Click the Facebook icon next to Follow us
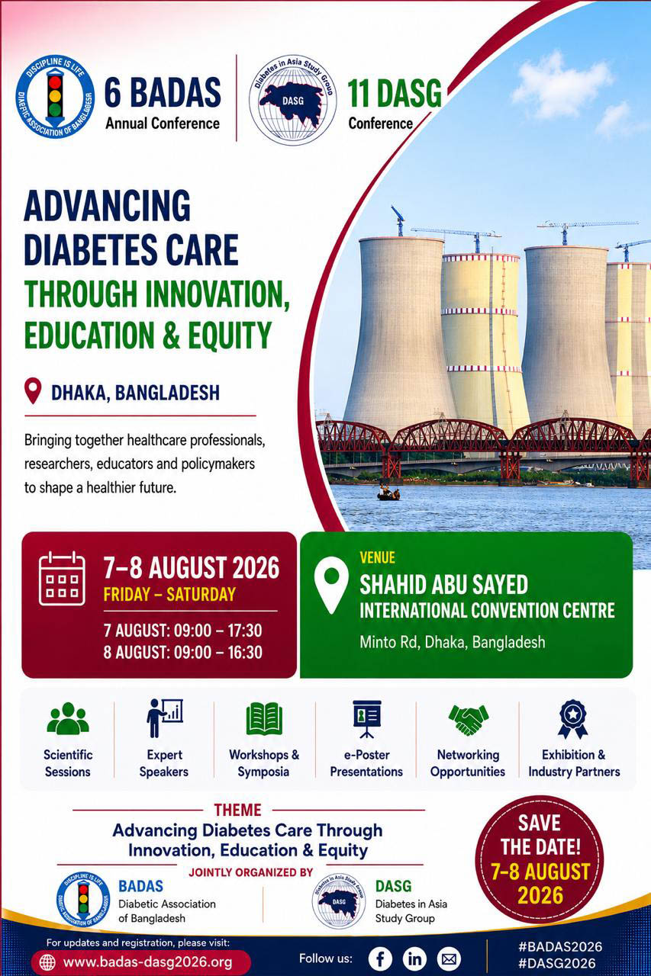380,958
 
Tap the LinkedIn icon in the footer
414,958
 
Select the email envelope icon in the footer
449,958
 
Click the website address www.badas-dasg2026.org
147,962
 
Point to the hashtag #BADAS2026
560,946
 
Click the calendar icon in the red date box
62,578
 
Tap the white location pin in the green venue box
331,584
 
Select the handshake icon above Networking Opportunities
469,721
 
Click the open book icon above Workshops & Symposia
264,718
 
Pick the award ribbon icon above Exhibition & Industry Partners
573,719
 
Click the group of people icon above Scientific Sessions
68,718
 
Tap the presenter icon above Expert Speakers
164,718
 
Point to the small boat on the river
388,494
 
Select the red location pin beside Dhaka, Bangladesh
33,390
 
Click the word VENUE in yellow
378,557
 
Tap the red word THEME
237,810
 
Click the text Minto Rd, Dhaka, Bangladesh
452,642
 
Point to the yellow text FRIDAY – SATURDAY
169,594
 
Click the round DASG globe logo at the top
292,100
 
